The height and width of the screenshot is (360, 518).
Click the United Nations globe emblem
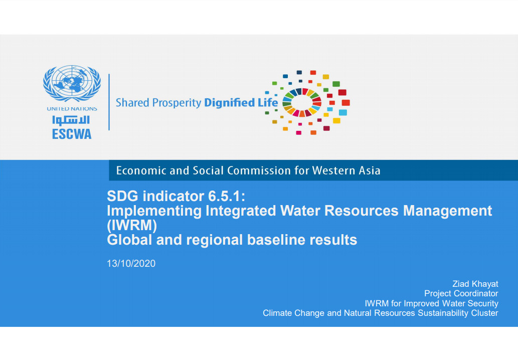[x=72, y=83]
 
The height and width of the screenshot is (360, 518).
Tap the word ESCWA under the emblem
[x=72, y=134]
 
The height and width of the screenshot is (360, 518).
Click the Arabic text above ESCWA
[x=71, y=120]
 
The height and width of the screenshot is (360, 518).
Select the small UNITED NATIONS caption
[x=72, y=109]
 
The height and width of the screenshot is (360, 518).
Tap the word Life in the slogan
[x=268, y=102]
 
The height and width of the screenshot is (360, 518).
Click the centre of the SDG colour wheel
[x=301, y=102]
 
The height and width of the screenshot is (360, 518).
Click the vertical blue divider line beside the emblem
[x=109, y=102]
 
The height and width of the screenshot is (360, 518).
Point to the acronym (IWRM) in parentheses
[x=132, y=226]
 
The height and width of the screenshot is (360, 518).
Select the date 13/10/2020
[x=131, y=264]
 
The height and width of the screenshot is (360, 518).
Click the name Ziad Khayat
[x=475, y=284]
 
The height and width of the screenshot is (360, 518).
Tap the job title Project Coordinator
[x=461, y=293]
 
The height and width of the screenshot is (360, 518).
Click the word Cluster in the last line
[x=484, y=313]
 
